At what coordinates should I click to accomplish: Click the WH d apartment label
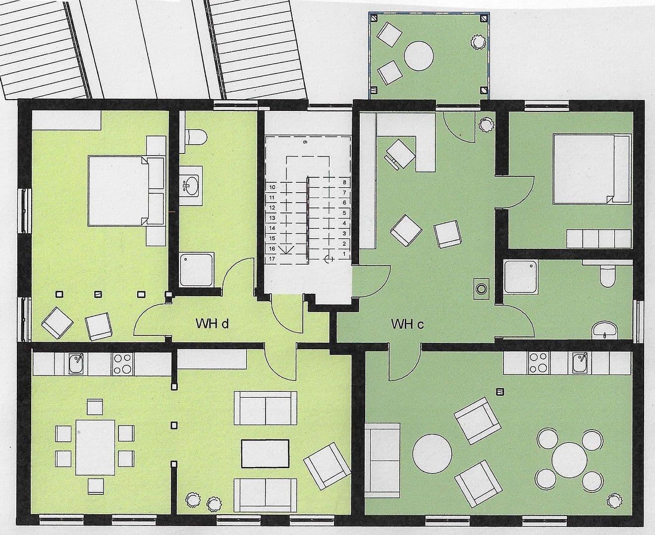click(x=212, y=324)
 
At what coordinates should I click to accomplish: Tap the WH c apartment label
click(x=407, y=324)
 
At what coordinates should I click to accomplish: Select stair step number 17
click(x=272, y=259)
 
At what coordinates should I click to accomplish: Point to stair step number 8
click(x=344, y=182)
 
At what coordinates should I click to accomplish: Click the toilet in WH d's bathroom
click(x=194, y=136)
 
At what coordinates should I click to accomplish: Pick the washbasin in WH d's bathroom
click(x=191, y=185)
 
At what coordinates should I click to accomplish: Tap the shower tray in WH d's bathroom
click(x=197, y=270)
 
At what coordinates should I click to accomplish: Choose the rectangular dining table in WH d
click(x=95, y=447)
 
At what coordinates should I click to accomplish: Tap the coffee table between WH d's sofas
click(x=265, y=453)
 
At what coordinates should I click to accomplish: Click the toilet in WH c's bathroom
click(x=607, y=275)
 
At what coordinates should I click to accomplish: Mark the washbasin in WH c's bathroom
click(x=605, y=328)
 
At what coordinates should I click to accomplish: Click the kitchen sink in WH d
click(x=77, y=364)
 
